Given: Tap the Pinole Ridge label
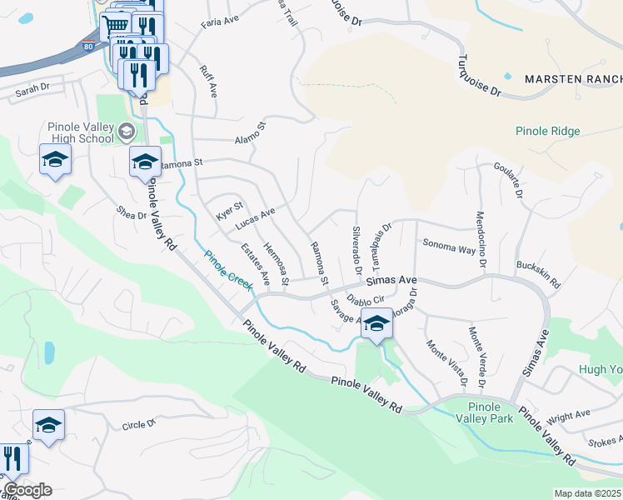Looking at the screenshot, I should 547,131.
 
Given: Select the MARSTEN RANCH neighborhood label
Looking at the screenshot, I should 573,79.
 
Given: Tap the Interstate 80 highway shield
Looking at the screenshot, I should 88,47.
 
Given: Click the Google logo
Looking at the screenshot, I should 27,490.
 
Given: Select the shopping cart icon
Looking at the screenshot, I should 117,25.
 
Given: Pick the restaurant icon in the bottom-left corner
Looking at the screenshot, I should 12,458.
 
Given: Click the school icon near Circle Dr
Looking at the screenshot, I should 48,425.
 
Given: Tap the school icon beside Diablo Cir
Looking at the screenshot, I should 376,323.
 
